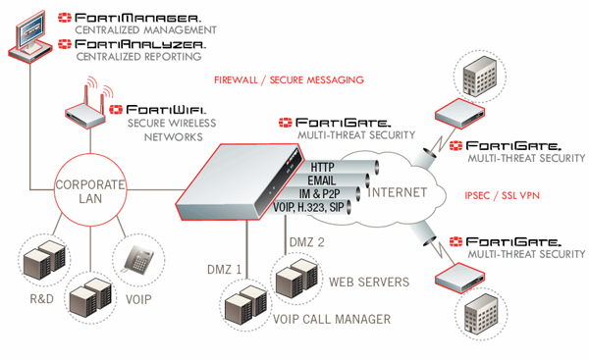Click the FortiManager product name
[x=137, y=18]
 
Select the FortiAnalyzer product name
[x=140, y=44]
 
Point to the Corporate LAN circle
[x=90, y=153]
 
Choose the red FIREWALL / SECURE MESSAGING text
[x=289, y=80]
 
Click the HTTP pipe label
[x=322, y=167]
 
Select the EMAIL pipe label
[x=322, y=180]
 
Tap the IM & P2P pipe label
[x=319, y=193]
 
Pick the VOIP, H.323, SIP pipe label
[x=308, y=207]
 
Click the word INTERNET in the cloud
[x=397, y=192]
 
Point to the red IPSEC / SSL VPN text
[x=502, y=195]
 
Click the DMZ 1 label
[x=224, y=269]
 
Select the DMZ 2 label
[x=307, y=242]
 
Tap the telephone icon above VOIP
[x=138, y=259]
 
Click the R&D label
[x=41, y=299]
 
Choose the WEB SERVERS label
[x=369, y=283]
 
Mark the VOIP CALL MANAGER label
[x=332, y=319]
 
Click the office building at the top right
[x=479, y=77]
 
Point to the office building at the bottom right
[x=481, y=314]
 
